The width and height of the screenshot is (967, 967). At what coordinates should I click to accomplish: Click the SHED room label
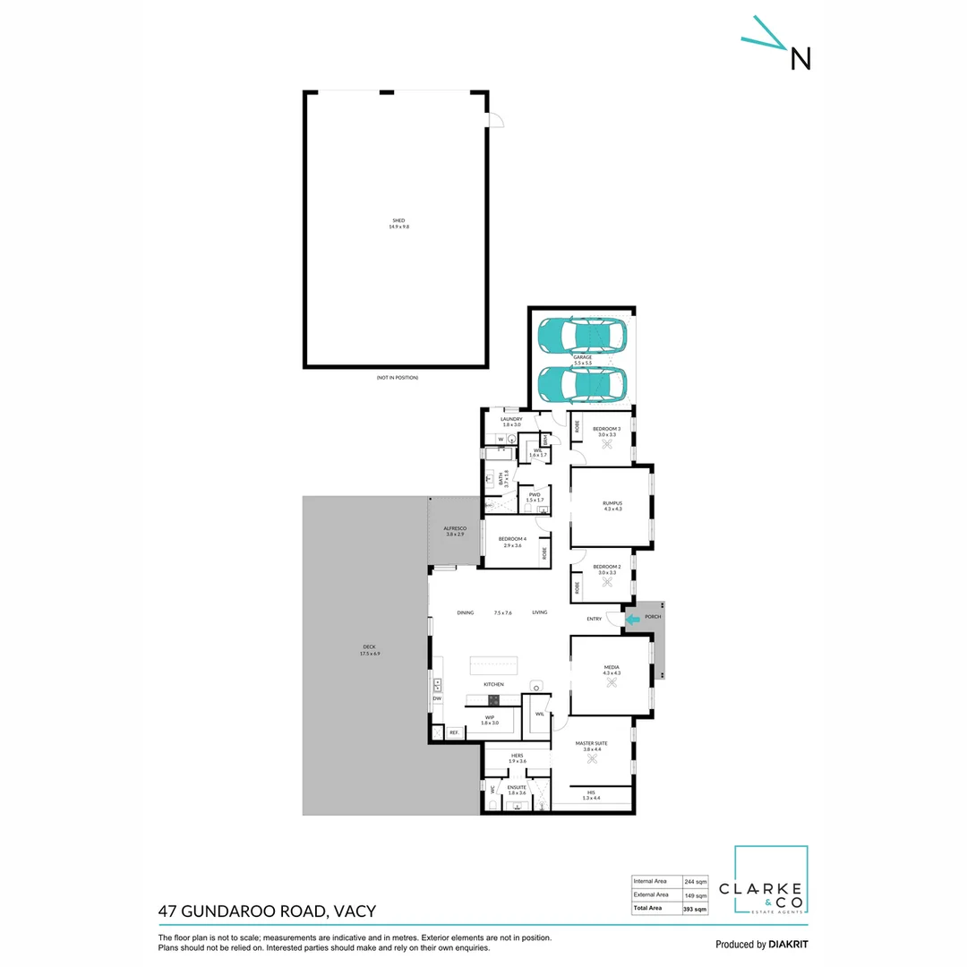coord(398,220)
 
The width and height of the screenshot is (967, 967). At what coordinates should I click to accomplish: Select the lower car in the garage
coord(582,385)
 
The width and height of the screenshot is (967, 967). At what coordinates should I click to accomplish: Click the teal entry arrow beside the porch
coord(633,618)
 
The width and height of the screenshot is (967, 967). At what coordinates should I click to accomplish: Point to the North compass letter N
coord(800,58)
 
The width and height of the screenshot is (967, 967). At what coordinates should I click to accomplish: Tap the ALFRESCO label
coord(455,529)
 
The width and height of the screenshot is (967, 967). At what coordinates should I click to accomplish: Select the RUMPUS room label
coord(612,503)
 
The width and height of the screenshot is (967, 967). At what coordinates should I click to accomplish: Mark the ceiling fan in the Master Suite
coord(592,760)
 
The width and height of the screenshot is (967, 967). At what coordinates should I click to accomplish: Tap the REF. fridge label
coord(454,732)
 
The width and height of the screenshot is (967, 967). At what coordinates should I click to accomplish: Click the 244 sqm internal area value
coord(696,880)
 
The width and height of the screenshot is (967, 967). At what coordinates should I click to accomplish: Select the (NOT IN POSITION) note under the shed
coord(398,378)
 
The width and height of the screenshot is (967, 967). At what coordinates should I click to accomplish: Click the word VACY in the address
coord(354,912)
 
